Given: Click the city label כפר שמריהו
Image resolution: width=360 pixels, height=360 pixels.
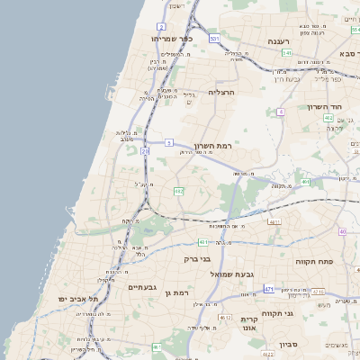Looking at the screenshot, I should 174,39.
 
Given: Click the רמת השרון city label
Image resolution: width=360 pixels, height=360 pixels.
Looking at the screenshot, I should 213,145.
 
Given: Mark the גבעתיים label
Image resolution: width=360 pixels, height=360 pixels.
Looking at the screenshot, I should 143,287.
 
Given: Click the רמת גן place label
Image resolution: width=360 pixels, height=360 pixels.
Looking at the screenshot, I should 182,293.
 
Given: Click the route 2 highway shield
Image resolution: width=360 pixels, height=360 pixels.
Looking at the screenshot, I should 161,27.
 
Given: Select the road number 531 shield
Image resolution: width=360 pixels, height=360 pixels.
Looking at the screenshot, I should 214,39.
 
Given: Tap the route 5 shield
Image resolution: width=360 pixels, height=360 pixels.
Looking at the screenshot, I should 168,142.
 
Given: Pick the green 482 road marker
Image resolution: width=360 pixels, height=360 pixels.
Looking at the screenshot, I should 179,192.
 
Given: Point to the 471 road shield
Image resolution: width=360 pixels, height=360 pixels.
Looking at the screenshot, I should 268,289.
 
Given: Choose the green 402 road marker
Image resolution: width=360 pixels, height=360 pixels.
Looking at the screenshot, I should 328,117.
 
